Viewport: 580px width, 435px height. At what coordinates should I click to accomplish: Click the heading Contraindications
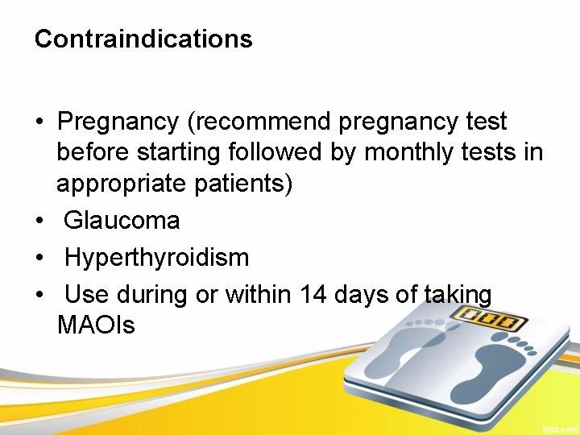(x=143, y=39)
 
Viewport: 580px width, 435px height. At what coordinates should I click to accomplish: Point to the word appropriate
(x=122, y=183)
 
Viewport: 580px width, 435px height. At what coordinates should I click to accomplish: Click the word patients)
(x=244, y=183)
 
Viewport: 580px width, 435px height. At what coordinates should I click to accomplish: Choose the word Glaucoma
(x=122, y=220)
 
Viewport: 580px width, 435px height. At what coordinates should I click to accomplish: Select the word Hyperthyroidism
(x=156, y=258)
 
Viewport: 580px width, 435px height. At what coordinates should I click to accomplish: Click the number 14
(x=313, y=295)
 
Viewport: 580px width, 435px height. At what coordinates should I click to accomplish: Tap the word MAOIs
(x=96, y=325)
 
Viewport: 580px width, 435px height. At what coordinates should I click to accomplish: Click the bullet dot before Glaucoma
(x=39, y=221)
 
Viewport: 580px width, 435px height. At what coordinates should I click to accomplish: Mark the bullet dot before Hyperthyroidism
(x=39, y=259)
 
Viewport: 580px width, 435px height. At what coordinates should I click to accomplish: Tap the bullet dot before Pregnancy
(x=39, y=123)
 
